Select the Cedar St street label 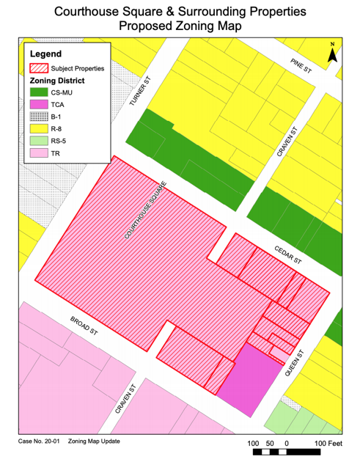point(288,256)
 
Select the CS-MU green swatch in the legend point(39,93)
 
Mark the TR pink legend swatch point(39,153)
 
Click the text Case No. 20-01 point(38,441)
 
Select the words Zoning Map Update point(95,441)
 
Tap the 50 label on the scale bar point(269,444)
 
